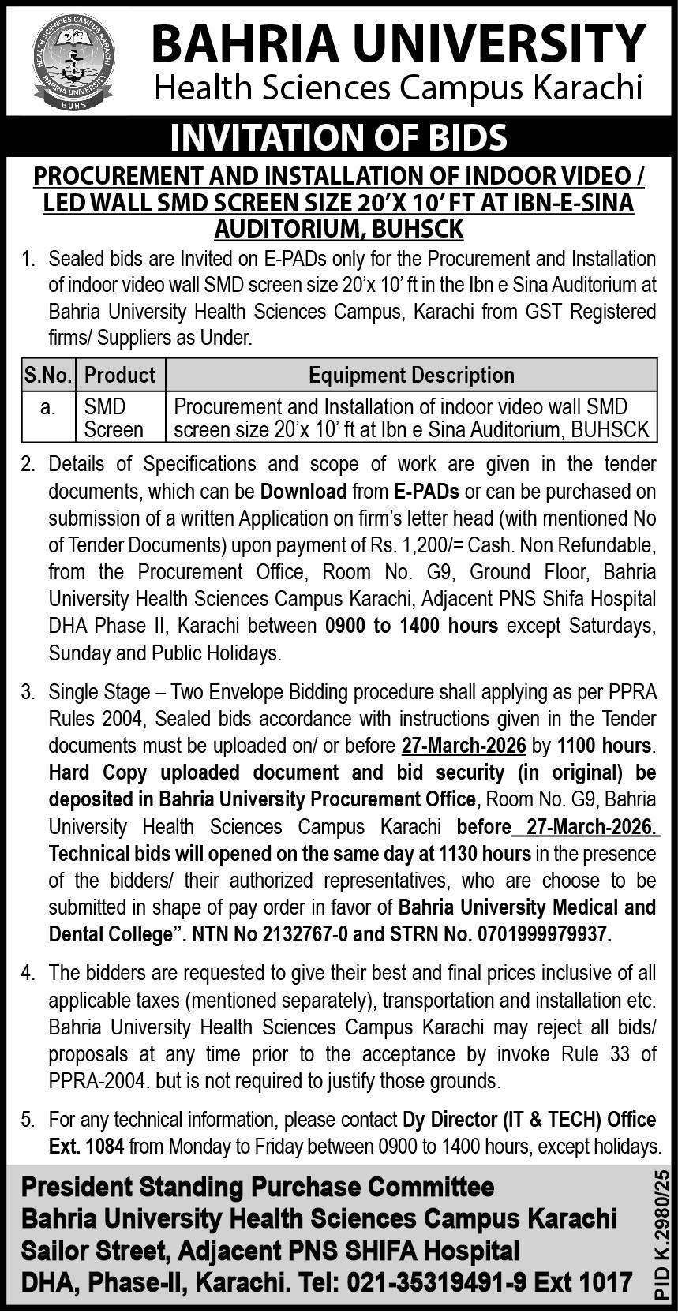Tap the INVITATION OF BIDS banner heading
339,137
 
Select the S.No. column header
48,375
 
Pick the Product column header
120,375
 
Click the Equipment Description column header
411,375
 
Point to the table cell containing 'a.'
48,407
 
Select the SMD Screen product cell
114,418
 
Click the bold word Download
304,492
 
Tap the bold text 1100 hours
605,746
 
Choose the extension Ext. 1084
86,1147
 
